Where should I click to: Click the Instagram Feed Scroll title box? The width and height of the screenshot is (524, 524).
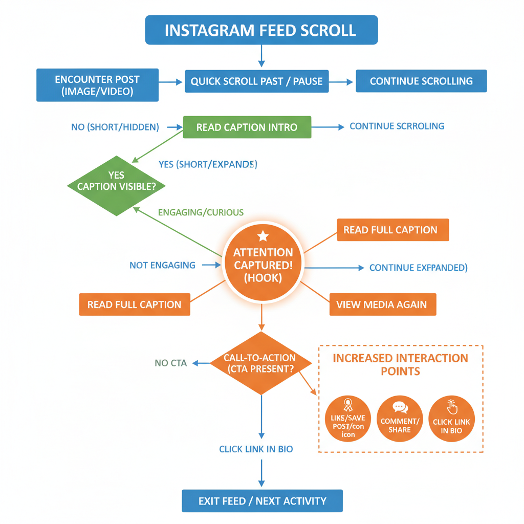point(261,30)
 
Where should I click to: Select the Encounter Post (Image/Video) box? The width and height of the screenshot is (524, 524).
point(97,85)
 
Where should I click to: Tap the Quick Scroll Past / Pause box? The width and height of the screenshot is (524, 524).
point(256,81)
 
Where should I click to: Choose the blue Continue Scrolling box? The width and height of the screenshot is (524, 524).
point(421,81)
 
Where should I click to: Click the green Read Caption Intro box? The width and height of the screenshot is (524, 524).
point(247,127)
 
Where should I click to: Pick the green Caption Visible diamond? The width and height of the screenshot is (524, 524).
point(117,185)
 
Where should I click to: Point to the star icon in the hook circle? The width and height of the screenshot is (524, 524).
point(263,235)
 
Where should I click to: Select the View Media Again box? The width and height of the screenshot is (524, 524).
point(382,304)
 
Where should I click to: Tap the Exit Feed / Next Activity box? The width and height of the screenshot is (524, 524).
point(262,501)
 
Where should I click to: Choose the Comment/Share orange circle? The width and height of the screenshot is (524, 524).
point(400,419)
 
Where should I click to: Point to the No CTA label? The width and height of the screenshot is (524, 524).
point(170,363)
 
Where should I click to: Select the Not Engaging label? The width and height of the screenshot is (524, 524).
point(162,265)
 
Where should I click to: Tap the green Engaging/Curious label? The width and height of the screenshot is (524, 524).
point(201,212)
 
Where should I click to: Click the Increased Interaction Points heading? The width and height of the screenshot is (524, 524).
point(400,364)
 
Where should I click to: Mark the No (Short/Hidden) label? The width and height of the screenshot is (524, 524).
point(115,127)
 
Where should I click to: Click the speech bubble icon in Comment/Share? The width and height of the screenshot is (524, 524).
point(400,407)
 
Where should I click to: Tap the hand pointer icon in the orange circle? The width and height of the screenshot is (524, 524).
point(452,407)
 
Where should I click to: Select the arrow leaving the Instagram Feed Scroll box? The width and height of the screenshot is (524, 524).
point(261,56)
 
